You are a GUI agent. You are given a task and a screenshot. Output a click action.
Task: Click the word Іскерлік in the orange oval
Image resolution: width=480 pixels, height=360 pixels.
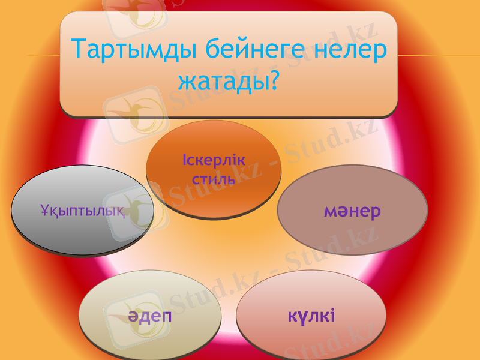[x=213, y=161]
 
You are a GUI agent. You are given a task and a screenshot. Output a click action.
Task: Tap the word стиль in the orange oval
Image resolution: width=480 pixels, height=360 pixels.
[x=213, y=179]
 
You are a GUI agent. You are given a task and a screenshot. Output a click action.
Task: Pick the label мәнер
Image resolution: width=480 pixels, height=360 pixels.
[x=352, y=211]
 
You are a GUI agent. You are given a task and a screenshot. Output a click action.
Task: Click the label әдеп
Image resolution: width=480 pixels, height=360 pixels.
[x=149, y=316]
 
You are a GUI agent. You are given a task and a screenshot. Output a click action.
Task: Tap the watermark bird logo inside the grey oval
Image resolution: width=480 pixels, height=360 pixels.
[x=136, y=208]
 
